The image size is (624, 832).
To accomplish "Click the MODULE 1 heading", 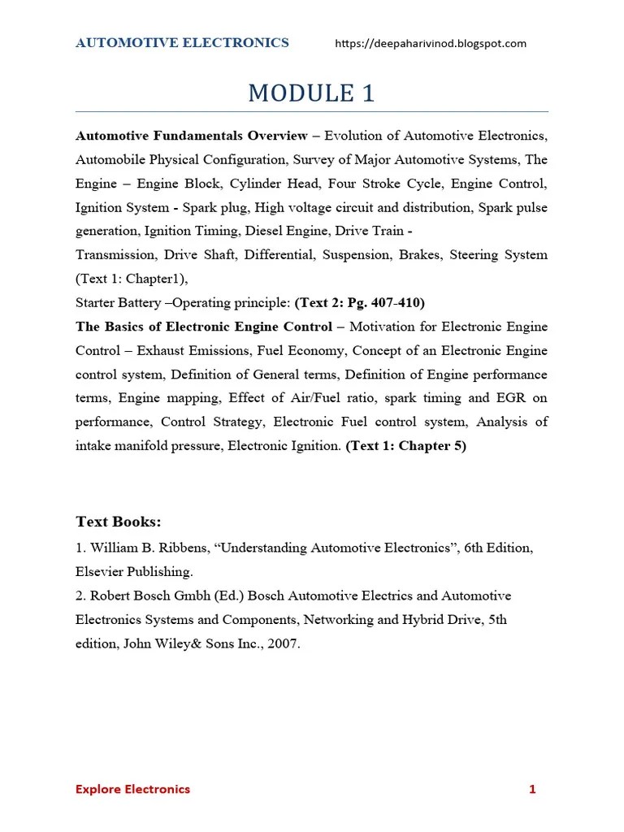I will point(311,93).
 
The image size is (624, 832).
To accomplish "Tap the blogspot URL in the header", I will point(431,44).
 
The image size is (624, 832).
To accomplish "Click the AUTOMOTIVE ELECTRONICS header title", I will point(182,43).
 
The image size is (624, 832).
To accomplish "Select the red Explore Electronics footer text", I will point(132,789).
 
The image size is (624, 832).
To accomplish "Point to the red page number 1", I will point(532,789).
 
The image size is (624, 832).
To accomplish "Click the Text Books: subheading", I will point(119,522).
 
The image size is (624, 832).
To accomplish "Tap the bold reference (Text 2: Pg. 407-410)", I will point(360,303).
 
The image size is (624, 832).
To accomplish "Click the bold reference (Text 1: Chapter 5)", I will point(406,447).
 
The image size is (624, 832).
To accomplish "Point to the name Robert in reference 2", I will point(111,596).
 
